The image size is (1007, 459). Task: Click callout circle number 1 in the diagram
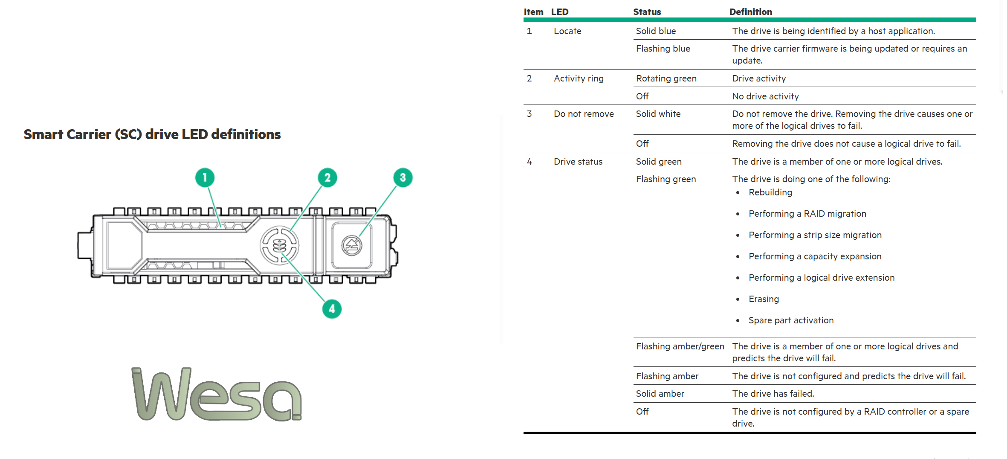pyautogui.click(x=205, y=177)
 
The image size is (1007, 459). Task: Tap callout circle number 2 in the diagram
pyautogui.click(x=327, y=177)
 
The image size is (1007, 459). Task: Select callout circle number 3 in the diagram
pyautogui.click(x=403, y=177)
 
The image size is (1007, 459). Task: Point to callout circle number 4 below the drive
pyautogui.click(x=332, y=309)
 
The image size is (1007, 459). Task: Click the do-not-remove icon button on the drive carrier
pyautogui.click(x=352, y=245)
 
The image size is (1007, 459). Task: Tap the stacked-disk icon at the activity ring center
pyautogui.click(x=279, y=245)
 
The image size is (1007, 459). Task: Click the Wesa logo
pyautogui.click(x=217, y=394)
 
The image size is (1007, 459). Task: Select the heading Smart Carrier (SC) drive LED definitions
pyautogui.click(x=152, y=134)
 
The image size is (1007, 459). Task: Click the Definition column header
pyautogui.click(x=751, y=12)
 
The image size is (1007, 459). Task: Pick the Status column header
pyautogui.click(x=647, y=12)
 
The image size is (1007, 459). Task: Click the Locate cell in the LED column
pyautogui.click(x=567, y=31)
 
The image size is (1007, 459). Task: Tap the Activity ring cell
pyautogui.click(x=579, y=78)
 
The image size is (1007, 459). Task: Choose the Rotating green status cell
pyautogui.click(x=666, y=78)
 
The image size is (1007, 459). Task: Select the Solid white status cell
pyautogui.click(x=658, y=114)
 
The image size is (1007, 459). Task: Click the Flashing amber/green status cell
pyautogui.click(x=680, y=346)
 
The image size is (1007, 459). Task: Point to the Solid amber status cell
pyautogui.click(x=660, y=394)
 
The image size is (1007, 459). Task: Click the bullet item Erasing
pyautogui.click(x=764, y=299)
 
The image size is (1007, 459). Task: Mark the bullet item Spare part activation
pyautogui.click(x=791, y=320)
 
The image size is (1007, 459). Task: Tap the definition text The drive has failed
pyautogui.click(x=773, y=394)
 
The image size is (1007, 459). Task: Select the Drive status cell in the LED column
pyautogui.click(x=578, y=162)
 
